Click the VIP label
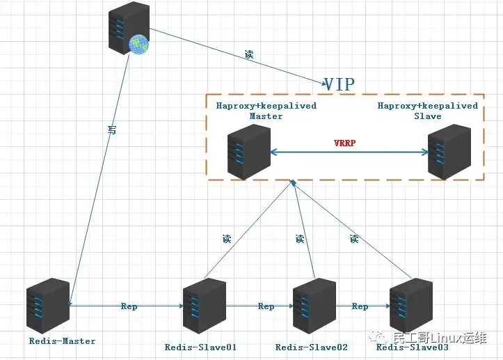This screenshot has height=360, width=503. (x=340, y=84)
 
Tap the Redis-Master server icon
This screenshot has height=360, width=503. (x=47, y=307)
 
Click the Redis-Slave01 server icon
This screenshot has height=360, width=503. (x=205, y=307)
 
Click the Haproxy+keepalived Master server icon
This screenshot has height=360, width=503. (x=248, y=152)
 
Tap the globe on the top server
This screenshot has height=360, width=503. (x=139, y=44)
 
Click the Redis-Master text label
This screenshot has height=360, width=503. (x=63, y=341)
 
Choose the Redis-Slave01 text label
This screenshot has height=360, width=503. (x=201, y=347)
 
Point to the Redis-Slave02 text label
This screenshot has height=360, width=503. (x=312, y=347)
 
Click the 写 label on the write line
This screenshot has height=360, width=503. (x=112, y=130)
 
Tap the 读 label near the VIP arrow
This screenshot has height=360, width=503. (x=248, y=54)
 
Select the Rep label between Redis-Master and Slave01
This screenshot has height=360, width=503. (x=129, y=306)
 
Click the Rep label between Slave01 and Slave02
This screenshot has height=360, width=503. (x=266, y=306)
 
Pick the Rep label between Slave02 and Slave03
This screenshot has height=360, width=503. (x=360, y=306)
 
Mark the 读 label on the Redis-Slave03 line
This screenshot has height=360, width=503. (x=354, y=239)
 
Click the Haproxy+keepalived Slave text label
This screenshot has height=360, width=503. (x=428, y=111)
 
